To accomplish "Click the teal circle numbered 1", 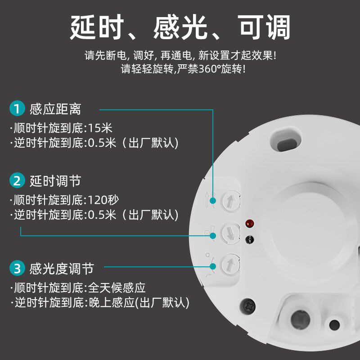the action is (17, 108).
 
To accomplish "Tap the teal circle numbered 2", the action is (17, 180).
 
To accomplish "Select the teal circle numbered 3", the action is (17, 268).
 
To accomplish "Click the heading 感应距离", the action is (55, 109).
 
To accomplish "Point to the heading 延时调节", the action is (55, 181).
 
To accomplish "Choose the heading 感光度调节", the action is (62, 269).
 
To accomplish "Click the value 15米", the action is (100, 128).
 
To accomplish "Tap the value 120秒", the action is (103, 200).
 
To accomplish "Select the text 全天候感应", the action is (117, 288).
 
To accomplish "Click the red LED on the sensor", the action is (250, 223).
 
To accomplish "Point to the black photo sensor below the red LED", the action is (249, 240).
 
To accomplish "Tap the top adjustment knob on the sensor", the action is (230, 201).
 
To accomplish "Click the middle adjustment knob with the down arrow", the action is (230, 234).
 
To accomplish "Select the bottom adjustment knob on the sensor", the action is (230, 265).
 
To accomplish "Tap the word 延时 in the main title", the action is (97, 27).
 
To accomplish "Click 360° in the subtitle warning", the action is (208, 69).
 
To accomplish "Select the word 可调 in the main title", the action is (264, 27).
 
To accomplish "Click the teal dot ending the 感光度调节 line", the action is (213, 266).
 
